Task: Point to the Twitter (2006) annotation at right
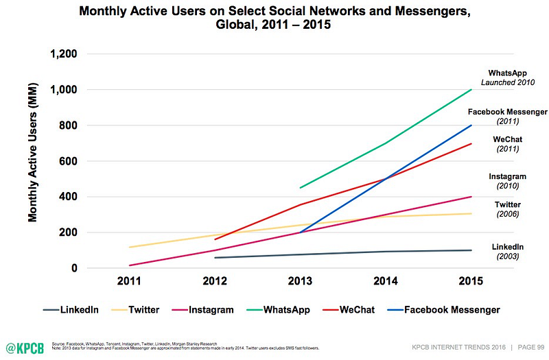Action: (x=507, y=209)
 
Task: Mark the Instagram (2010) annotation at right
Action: (x=507, y=181)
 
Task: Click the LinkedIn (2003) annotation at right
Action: (x=507, y=251)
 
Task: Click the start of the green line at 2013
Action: (x=301, y=187)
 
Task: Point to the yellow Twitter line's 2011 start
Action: (x=129, y=247)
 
